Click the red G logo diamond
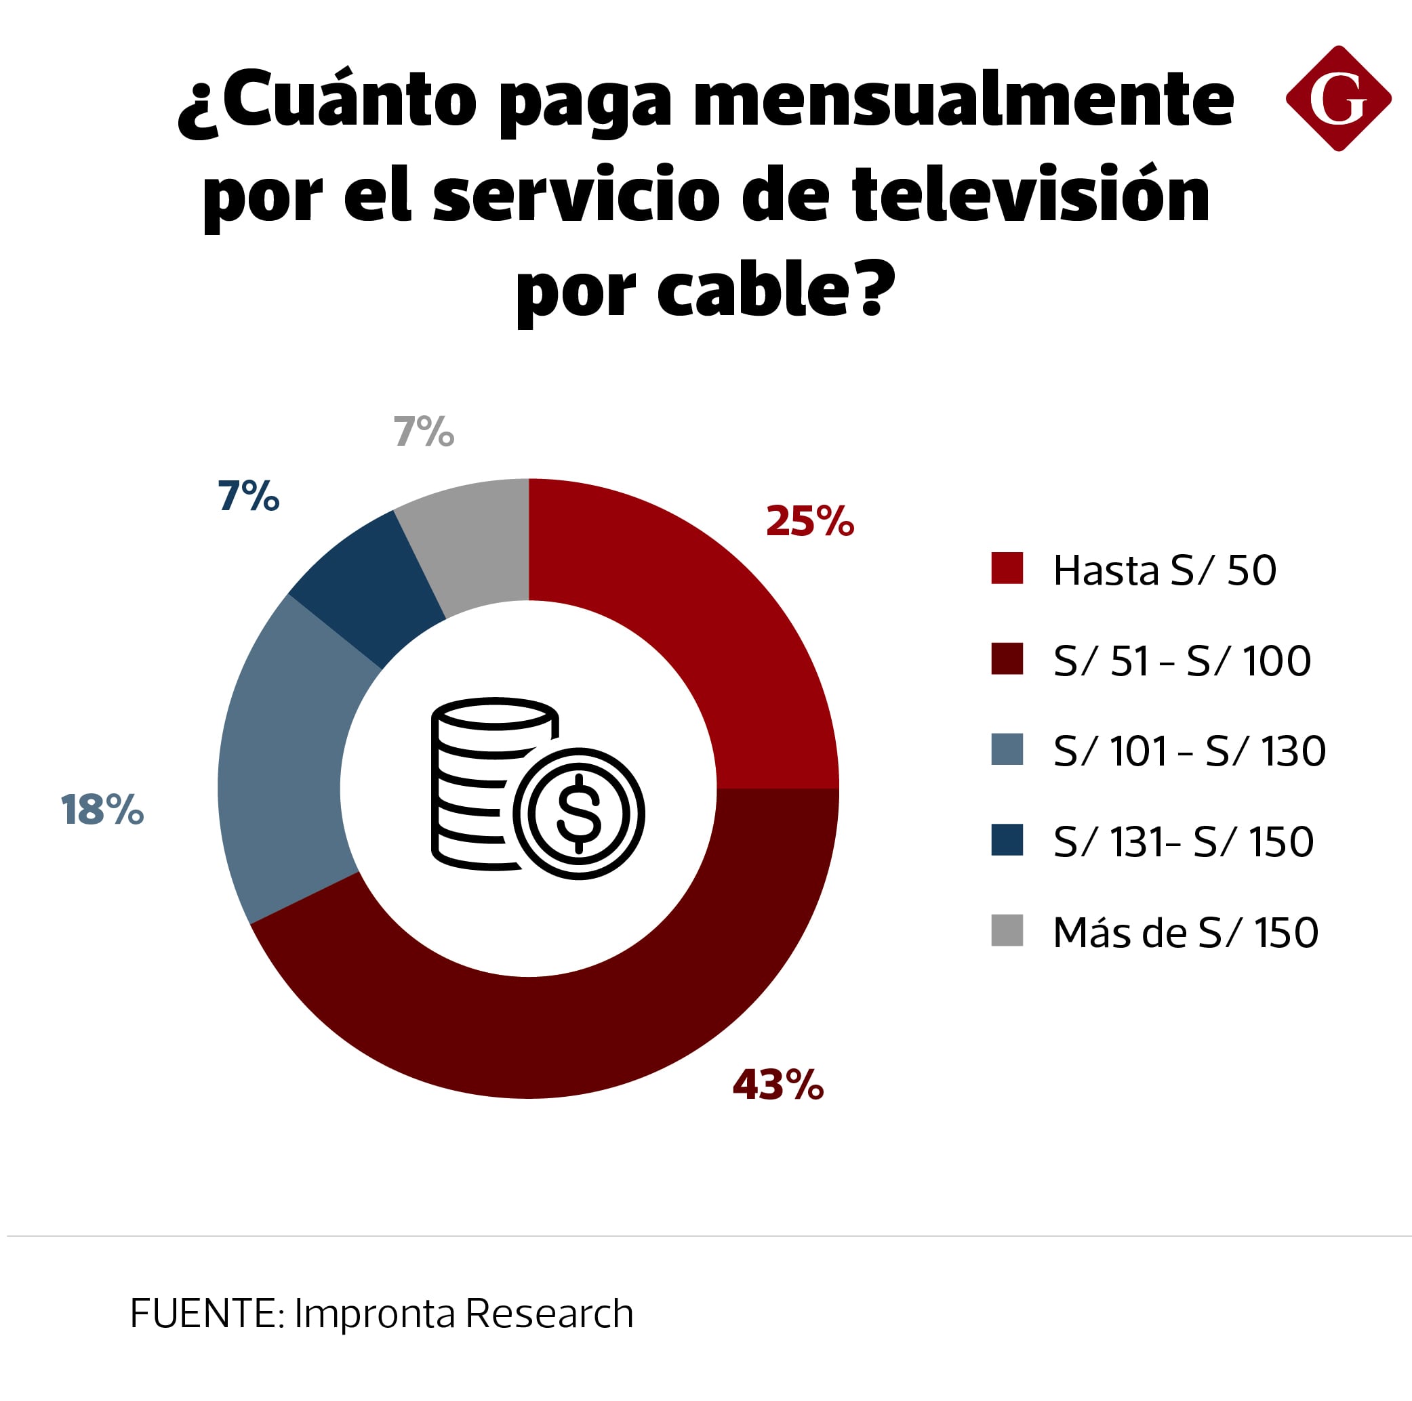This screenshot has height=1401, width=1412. coord(1337,99)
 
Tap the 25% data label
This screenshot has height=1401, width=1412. coord(809,522)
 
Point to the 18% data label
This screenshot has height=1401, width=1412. coord(102,810)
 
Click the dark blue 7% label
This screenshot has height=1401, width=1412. coord(249,496)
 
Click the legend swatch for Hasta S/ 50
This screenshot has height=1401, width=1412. coord(1007,569)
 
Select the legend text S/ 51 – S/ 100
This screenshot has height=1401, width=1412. coord(1182,661)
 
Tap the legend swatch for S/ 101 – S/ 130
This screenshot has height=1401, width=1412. coord(1007,750)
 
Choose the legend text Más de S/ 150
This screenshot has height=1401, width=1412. coord(1186,932)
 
